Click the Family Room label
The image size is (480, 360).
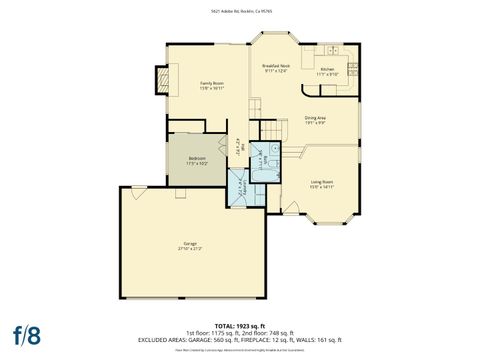click(211, 82)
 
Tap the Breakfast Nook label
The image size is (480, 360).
click(276, 65)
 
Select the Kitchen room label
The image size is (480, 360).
click(328, 69)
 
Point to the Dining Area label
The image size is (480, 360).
click(317, 118)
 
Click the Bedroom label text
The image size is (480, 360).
click(197, 157)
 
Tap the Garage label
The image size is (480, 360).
click(190, 243)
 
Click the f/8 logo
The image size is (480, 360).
click(28, 332)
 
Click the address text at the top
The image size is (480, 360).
click(239, 12)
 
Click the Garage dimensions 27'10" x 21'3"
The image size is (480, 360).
click(190, 249)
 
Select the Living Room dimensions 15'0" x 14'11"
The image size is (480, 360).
click(321, 186)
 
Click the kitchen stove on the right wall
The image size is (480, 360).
click(354, 68)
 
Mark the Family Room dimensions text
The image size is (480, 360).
click(211, 88)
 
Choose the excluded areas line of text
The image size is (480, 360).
click(239, 341)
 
